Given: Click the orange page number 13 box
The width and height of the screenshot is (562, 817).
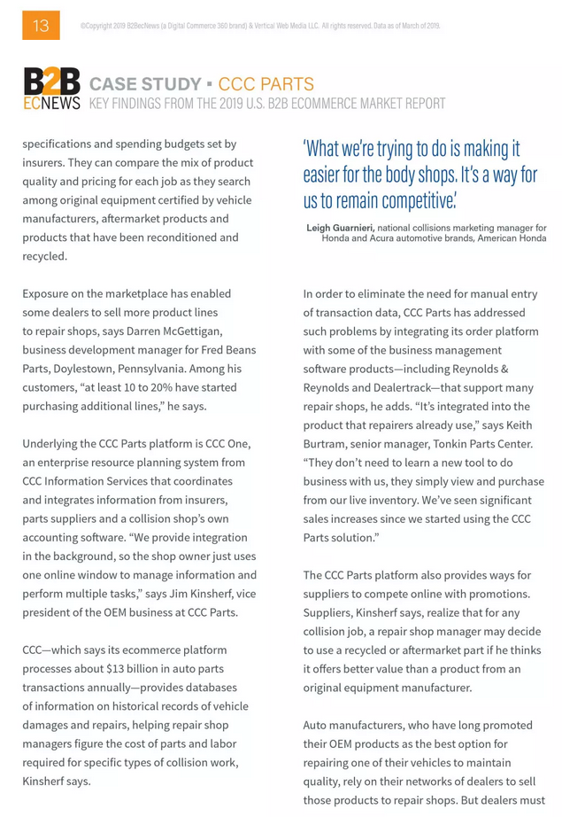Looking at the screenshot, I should tap(41, 25).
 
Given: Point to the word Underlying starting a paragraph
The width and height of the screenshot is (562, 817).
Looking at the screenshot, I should tap(51, 443).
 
